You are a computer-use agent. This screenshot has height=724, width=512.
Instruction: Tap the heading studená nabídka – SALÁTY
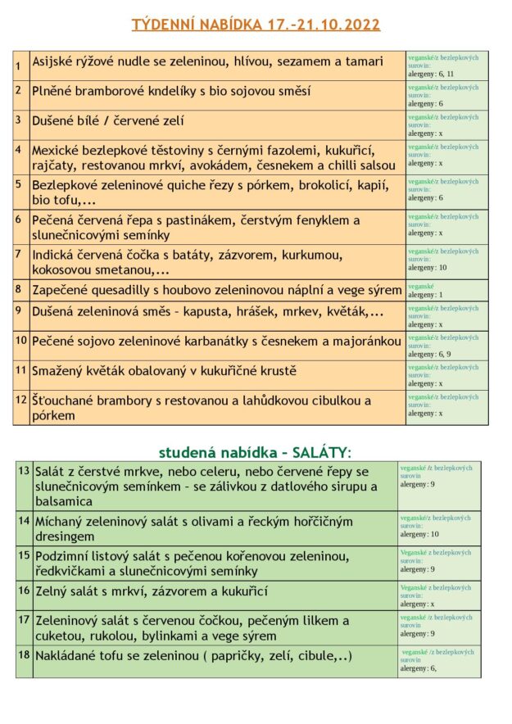pos(255,452)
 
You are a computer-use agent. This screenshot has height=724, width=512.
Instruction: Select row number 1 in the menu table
pos(18,64)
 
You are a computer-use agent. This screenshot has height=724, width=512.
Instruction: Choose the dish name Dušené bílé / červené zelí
pos(108,120)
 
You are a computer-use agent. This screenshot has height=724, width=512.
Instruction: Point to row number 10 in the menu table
pos(22,339)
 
